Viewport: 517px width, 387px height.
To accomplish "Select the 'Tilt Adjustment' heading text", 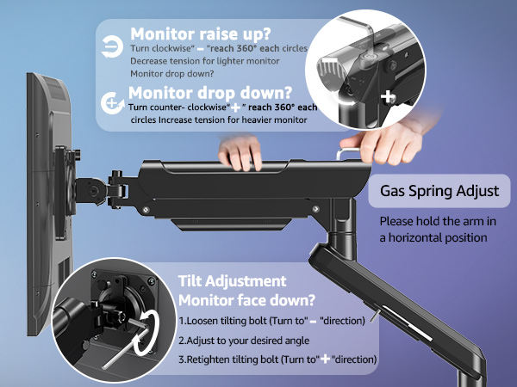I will coord(232,281).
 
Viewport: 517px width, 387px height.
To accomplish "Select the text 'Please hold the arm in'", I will coord(439,221).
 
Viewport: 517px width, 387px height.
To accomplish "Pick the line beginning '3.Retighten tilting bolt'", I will coord(277,359).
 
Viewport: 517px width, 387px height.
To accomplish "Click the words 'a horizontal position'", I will coord(433,237).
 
